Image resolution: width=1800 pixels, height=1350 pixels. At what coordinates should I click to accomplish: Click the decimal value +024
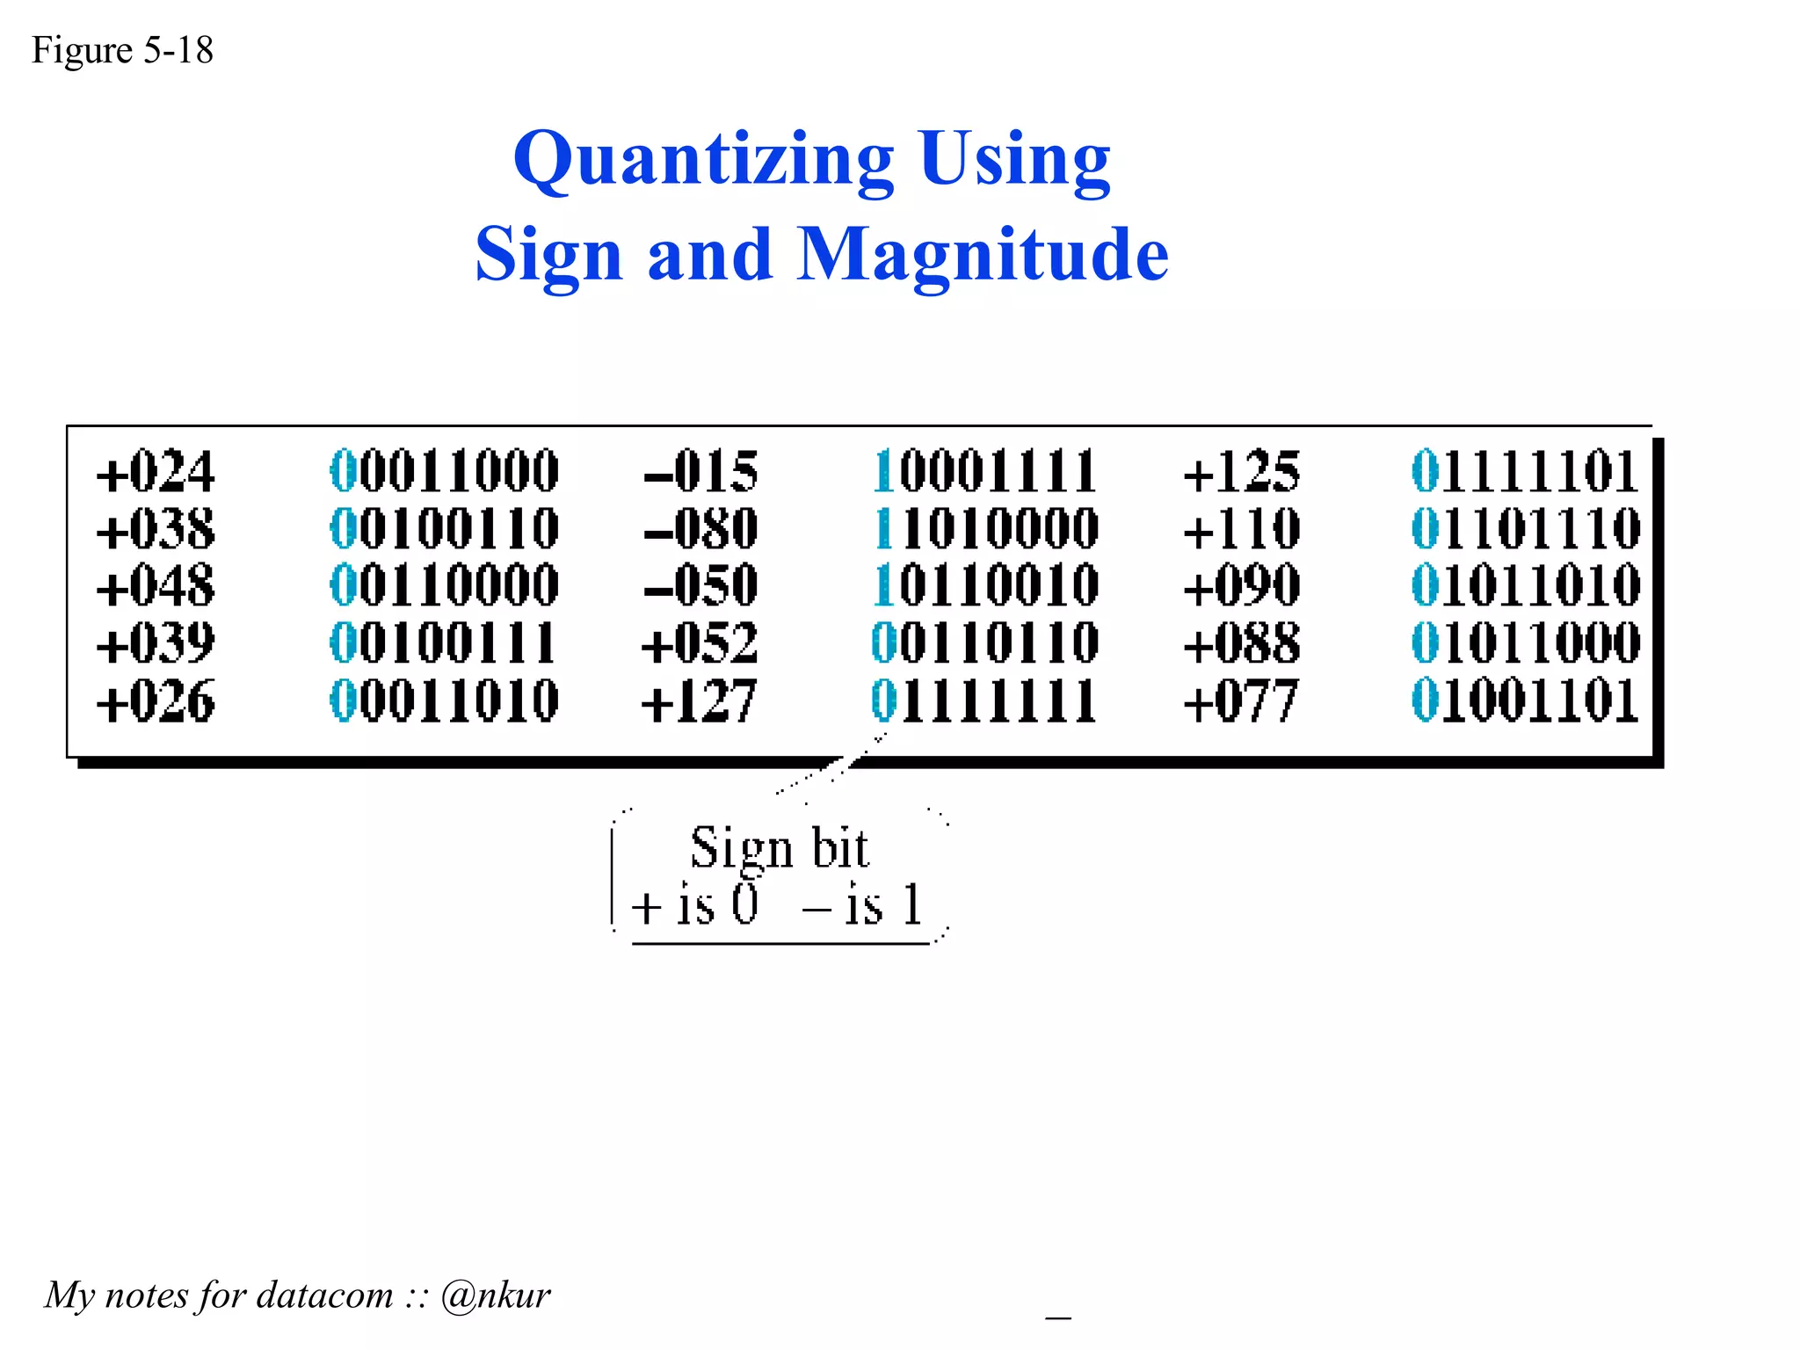click(156, 472)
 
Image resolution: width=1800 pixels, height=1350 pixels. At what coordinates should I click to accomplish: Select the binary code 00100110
click(444, 529)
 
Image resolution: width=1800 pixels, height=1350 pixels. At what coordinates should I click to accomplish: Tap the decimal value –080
click(700, 529)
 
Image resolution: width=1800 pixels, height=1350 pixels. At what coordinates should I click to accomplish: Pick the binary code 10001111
click(985, 472)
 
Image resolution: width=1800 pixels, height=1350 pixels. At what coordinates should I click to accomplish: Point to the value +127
click(699, 701)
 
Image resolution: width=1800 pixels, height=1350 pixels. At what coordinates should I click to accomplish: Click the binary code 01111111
click(984, 701)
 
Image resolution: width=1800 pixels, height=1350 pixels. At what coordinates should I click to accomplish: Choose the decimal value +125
click(1241, 472)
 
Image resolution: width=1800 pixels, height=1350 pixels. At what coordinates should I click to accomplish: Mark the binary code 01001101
click(1525, 701)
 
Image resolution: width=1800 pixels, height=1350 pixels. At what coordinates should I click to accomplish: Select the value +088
click(1241, 643)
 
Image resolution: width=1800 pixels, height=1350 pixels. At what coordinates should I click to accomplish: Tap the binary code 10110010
click(985, 585)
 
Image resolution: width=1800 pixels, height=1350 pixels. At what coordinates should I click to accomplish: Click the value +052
click(699, 643)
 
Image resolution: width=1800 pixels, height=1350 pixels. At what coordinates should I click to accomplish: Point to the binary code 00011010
click(444, 701)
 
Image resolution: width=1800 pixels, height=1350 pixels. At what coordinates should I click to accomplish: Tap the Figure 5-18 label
click(122, 50)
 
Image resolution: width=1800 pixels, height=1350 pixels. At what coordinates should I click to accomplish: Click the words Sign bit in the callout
click(780, 848)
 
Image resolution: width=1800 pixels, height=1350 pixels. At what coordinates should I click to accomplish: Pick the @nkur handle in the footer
click(496, 1295)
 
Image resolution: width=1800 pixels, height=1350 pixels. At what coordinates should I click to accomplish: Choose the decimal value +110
click(1241, 529)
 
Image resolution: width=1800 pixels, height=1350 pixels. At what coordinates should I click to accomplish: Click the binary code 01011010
click(1525, 585)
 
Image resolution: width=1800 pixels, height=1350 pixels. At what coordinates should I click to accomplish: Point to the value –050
click(700, 585)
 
